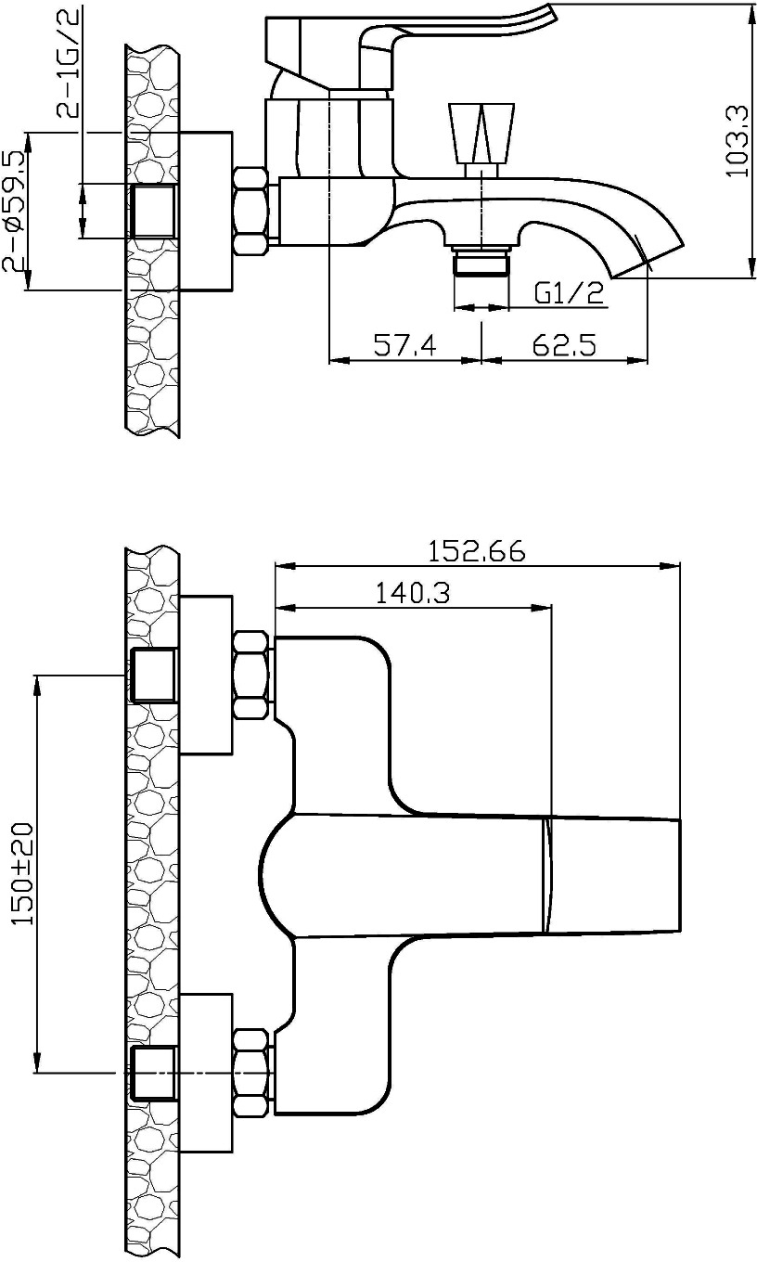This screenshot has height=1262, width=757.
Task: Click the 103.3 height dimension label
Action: [x=737, y=141]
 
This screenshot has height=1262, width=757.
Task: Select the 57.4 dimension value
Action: [x=405, y=344]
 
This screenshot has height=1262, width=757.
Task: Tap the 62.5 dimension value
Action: [x=564, y=344]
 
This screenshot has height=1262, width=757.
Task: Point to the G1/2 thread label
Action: [x=569, y=293]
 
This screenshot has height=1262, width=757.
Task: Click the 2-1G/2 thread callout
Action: [x=68, y=62]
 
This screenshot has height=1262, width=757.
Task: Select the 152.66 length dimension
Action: [x=477, y=551]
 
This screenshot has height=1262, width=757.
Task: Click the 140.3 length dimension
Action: [x=413, y=593]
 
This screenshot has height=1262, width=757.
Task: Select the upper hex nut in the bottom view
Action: [x=250, y=676]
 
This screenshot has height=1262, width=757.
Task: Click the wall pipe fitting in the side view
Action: [x=154, y=211]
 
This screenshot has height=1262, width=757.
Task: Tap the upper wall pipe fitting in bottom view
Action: [x=154, y=676]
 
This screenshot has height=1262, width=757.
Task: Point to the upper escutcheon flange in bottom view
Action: [x=206, y=675]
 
